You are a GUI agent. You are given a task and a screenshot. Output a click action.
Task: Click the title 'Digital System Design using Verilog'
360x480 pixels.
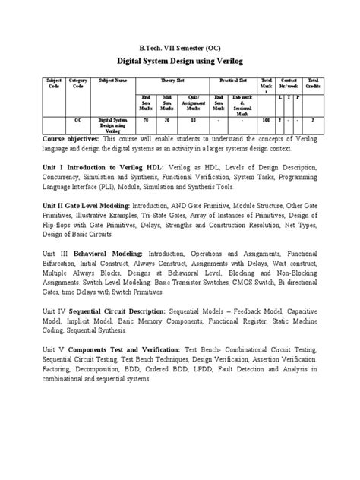tap(179, 58)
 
